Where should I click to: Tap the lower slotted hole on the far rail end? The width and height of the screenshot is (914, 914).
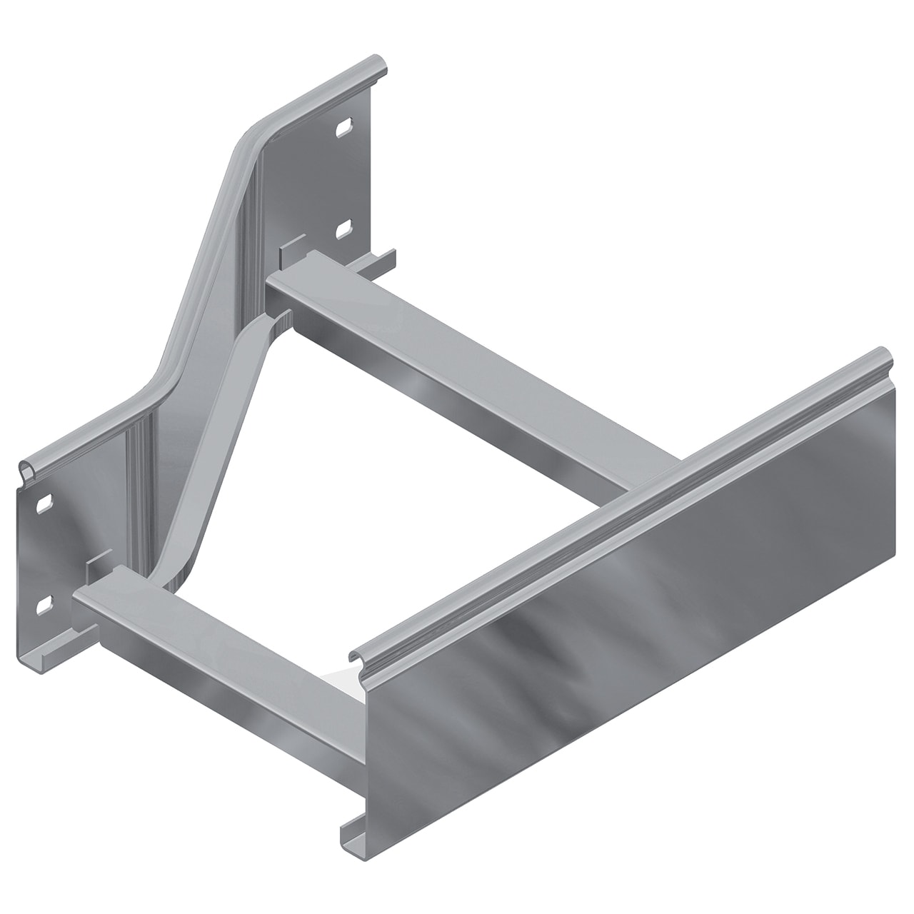point(343,228)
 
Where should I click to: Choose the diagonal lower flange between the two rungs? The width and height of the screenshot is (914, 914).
point(214,443)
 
